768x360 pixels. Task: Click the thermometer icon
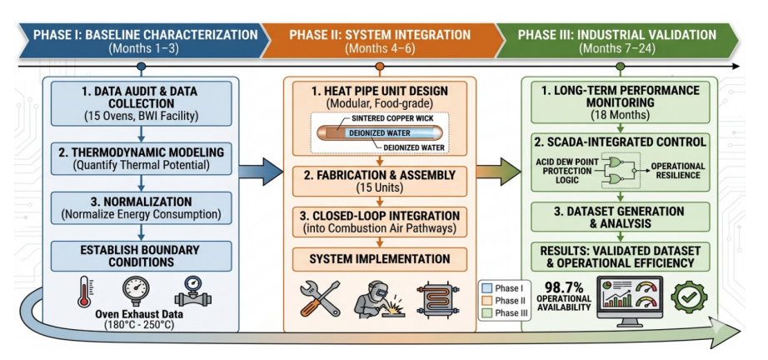(85, 292)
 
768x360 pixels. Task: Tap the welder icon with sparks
(372, 299)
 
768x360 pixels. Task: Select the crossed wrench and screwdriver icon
(320, 298)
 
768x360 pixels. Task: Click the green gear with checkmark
(689, 297)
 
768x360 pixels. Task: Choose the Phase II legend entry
(506, 301)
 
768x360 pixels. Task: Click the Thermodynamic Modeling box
(141, 157)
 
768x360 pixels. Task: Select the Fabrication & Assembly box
(379, 181)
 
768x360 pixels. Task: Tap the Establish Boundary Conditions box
(141, 256)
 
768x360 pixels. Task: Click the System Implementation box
(379, 258)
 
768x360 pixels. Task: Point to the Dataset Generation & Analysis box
(621, 217)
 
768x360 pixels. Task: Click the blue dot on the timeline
(141, 66)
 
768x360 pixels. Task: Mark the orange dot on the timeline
(379, 66)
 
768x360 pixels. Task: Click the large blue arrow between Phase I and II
(261, 172)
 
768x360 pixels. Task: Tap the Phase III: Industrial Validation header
(616, 35)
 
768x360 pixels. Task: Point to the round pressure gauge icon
(136, 291)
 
